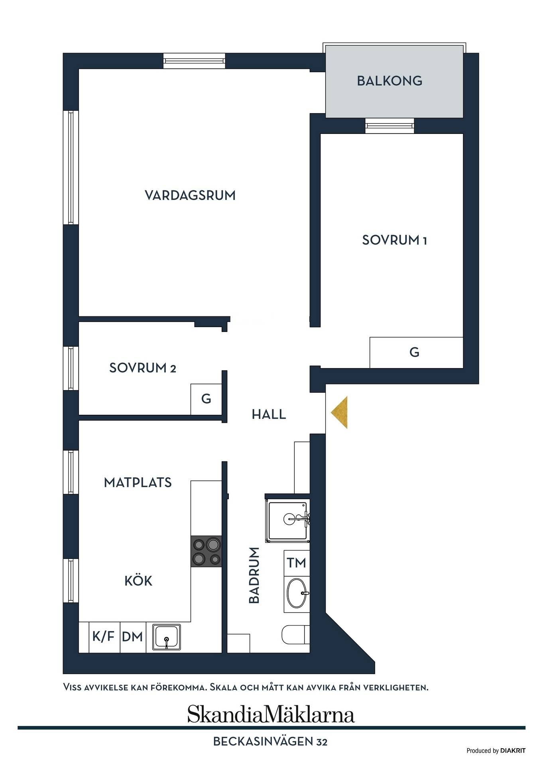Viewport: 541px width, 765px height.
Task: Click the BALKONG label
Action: (x=390, y=81)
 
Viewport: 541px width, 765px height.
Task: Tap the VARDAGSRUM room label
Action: (x=190, y=195)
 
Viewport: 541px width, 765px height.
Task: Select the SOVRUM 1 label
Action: (x=394, y=240)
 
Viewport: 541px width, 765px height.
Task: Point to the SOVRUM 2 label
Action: (x=142, y=368)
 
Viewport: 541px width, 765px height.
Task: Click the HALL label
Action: (x=269, y=414)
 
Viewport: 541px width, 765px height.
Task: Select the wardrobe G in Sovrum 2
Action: (x=206, y=399)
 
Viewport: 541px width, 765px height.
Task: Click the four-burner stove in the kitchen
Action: (x=206, y=551)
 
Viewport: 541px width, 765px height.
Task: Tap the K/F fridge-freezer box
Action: (x=104, y=637)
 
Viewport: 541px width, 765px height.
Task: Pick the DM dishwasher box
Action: (x=133, y=637)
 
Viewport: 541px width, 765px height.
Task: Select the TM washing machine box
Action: (x=297, y=563)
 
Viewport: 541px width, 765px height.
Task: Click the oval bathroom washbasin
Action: (x=297, y=593)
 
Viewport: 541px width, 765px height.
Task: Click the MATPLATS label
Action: (x=138, y=483)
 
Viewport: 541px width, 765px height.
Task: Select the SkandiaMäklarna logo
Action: (x=271, y=715)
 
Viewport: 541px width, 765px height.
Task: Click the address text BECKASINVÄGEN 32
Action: (x=270, y=741)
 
